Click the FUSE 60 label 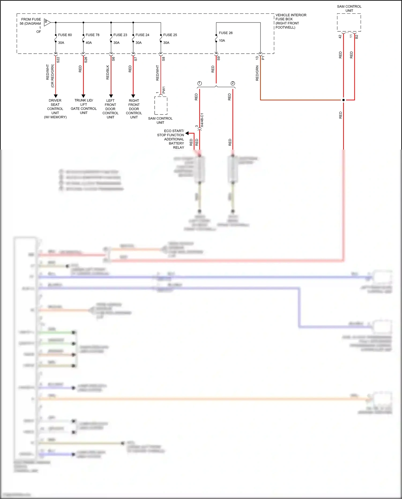tap(65, 35)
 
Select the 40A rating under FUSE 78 tap(89, 43)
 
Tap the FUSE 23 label tap(120, 35)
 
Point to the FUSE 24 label tap(142, 35)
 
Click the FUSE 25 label tap(170, 35)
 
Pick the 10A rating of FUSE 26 tap(222, 40)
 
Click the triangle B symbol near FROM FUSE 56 tap(47, 22)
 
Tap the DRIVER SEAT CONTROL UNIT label tap(55, 109)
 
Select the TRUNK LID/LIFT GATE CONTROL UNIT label tap(84, 106)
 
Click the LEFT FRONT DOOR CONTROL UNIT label tap(110, 109)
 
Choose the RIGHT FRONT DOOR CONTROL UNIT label tap(134, 109)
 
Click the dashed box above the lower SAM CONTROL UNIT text tap(161, 105)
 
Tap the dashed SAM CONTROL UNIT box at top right tap(349, 23)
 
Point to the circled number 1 tap(199, 83)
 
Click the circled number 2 tap(233, 83)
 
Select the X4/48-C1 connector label tap(202, 120)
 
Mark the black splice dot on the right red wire tap(343, 100)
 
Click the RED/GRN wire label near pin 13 tap(257, 73)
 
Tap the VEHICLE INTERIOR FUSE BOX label tap(291, 21)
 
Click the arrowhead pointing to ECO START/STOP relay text tap(187, 133)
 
